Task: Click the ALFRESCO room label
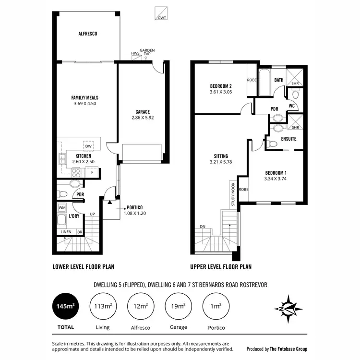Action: tap(88, 34)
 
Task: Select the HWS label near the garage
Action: tap(135, 53)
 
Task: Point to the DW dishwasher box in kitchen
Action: tap(88, 146)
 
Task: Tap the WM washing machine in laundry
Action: tap(62, 208)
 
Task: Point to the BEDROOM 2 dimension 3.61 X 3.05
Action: tap(221, 92)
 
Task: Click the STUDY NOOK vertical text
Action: tap(233, 194)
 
